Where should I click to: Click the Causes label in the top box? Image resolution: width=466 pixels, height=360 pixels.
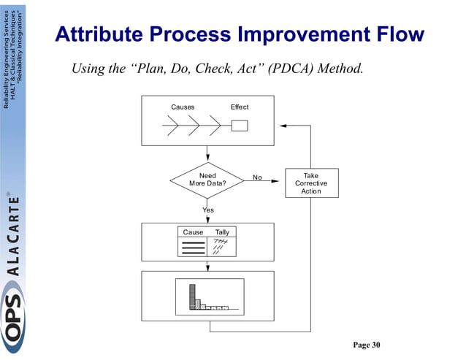coord(183,107)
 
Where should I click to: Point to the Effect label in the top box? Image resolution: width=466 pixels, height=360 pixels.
coord(240,107)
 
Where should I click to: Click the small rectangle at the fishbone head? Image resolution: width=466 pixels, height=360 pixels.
coord(239,126)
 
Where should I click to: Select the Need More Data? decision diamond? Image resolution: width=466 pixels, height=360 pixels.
coord(207,180)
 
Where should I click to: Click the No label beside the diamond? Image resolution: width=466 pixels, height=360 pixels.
coord(257,177)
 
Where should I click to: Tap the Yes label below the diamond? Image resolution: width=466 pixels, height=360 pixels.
coord(208,210)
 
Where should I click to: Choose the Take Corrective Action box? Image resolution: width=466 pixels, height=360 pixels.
coord(310,183)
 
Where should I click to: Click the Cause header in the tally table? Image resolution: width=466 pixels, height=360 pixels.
coord(193,232)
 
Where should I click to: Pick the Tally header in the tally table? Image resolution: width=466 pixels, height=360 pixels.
coord(222,232)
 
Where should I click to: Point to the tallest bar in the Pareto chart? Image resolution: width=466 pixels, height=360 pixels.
coord(194,296)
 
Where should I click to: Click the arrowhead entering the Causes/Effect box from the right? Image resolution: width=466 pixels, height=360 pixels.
coord(285,126)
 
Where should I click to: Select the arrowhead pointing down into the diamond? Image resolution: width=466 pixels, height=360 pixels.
coord(207,158)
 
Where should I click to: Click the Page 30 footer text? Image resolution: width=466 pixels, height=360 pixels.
coord(367,345)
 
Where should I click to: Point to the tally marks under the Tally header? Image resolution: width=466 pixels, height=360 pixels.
coord(221,247)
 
